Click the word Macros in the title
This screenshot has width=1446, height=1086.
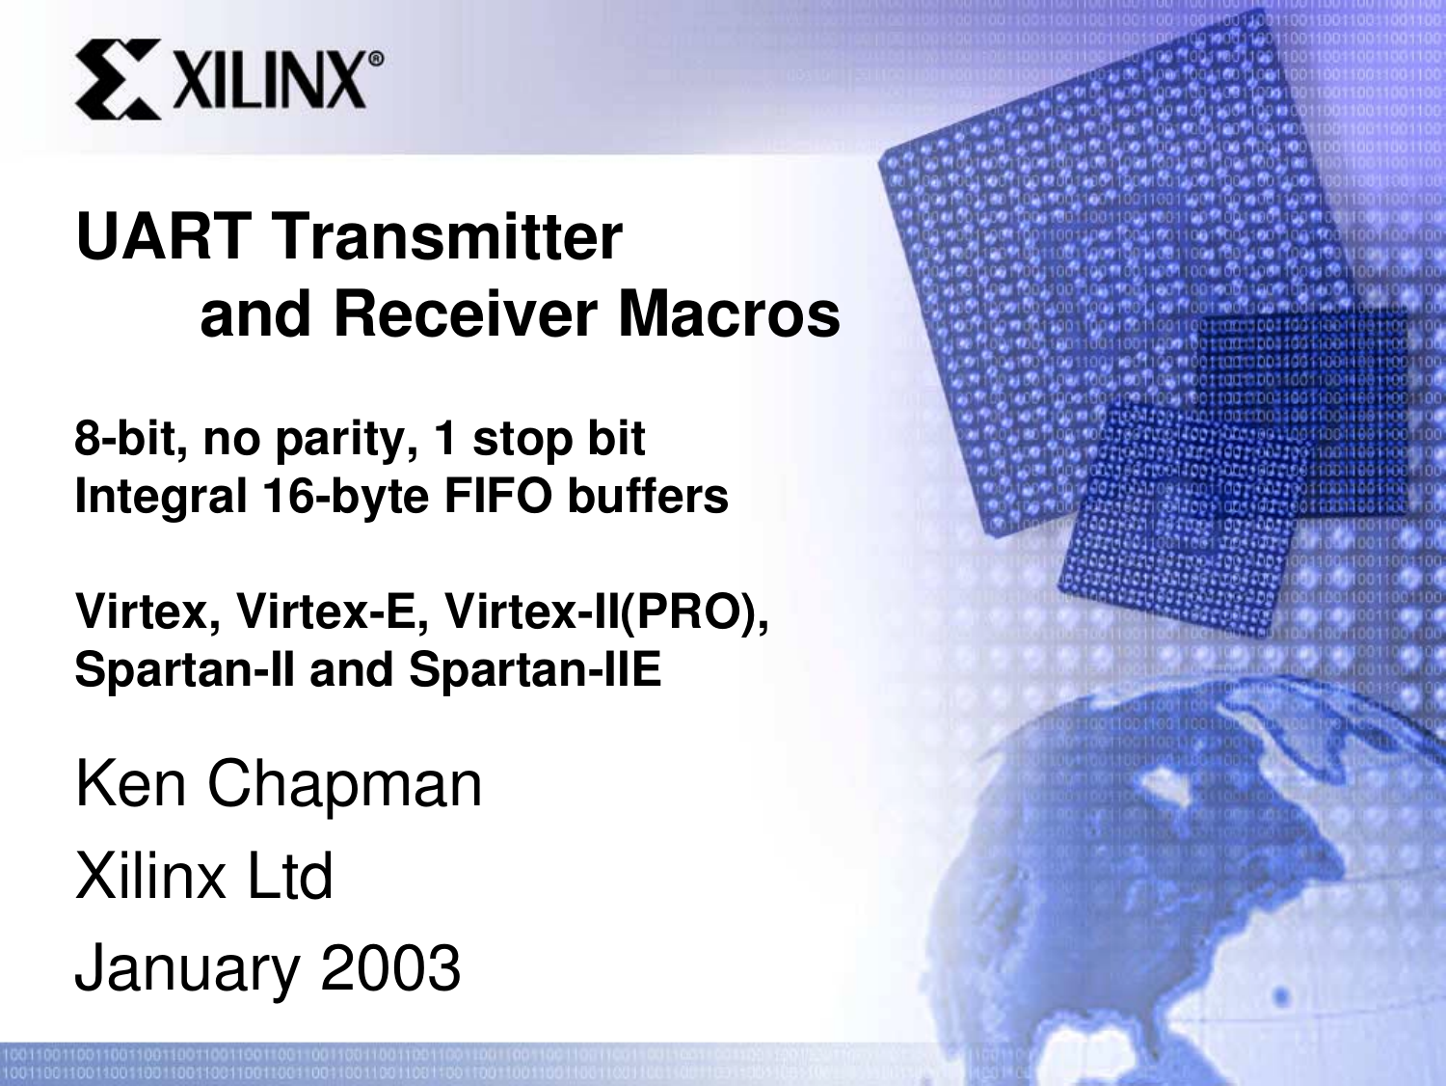(x=729, y=314)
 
